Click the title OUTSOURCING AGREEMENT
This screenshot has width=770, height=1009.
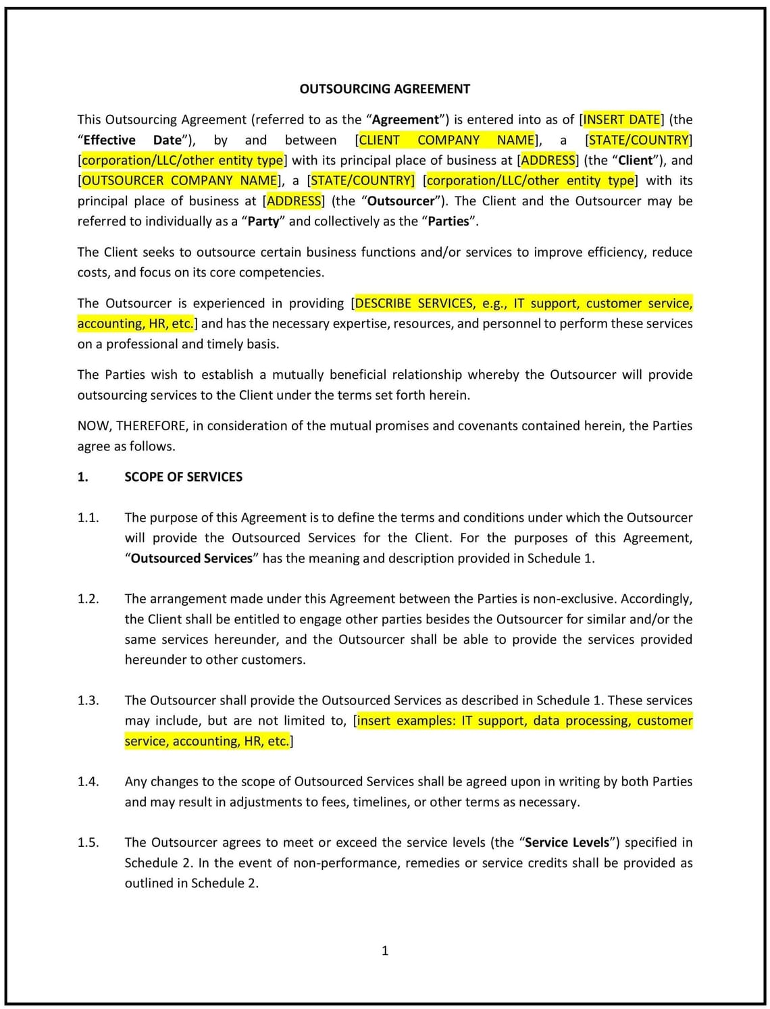coord(384,89)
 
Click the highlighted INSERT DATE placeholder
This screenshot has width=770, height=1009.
coord(621,120)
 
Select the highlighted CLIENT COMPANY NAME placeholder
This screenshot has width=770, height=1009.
coord(446,140)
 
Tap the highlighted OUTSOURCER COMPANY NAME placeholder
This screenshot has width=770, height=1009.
coord(179,180)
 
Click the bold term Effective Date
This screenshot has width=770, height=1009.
coord(132,140)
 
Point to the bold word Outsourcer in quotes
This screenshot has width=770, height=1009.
coord(401,201)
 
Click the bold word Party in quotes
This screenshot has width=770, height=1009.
coord(263,221)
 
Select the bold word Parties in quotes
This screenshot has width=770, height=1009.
coord(448,221)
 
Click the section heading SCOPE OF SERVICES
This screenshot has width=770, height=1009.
coord(183,477)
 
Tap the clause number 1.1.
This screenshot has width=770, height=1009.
coord(88,517)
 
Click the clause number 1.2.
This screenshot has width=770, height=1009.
coord(88,598)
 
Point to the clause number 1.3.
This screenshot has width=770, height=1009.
coord(88,700)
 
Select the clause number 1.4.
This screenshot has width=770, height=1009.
coord(88,781)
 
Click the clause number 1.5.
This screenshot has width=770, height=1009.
coord(88,842)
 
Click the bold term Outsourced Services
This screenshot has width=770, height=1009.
coord(191,559)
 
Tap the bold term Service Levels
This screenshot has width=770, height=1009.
coord(567,842)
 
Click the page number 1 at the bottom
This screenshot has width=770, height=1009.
coord(385,951)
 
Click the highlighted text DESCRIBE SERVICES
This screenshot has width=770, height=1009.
coord(414,303)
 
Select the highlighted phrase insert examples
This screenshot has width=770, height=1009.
coord(407,721)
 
